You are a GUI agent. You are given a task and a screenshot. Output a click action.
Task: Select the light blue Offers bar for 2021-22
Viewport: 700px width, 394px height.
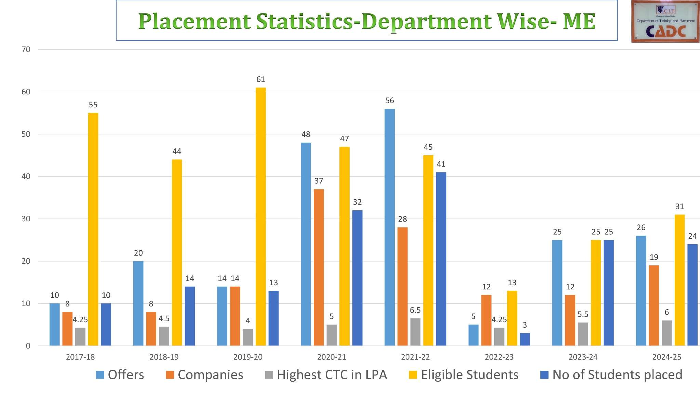click(x=390, y=227)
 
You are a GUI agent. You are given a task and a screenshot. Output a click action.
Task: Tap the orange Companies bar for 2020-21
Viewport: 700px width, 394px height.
click(x=319, y=267)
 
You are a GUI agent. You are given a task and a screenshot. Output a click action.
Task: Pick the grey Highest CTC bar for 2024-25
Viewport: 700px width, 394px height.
click(x=667, y=333)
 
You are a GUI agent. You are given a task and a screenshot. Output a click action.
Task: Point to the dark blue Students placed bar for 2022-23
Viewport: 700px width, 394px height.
click(x=525, y=339)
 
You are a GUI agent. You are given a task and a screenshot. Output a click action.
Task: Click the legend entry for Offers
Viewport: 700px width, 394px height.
click(x=120, y=375)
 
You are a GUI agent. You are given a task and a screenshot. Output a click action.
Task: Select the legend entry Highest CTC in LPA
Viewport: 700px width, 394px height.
click(x=326, y=375)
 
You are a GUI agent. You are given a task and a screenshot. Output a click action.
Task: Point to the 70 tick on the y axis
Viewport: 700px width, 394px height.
click(x=26, y=50)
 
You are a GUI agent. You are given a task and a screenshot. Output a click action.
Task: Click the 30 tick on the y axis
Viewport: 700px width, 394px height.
click(x=26, y=219)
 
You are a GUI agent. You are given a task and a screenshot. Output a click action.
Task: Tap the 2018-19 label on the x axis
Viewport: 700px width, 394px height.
click(x=164, y=357)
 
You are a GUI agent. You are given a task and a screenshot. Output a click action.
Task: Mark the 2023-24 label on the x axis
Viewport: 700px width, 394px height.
click(x=583, y=357)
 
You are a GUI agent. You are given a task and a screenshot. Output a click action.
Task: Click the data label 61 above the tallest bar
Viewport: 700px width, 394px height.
click(x=260, y=79)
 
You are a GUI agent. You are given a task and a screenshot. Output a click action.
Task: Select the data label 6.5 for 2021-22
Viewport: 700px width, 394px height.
click(x=415, y=310)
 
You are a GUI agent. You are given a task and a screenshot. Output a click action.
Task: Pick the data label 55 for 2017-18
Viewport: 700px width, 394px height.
click(x=93, y=105)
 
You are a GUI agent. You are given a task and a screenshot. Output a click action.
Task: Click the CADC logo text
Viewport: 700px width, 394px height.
click(x=665, y=32)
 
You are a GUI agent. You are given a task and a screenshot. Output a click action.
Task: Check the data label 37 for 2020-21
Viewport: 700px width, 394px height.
click(x=319, y=181)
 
